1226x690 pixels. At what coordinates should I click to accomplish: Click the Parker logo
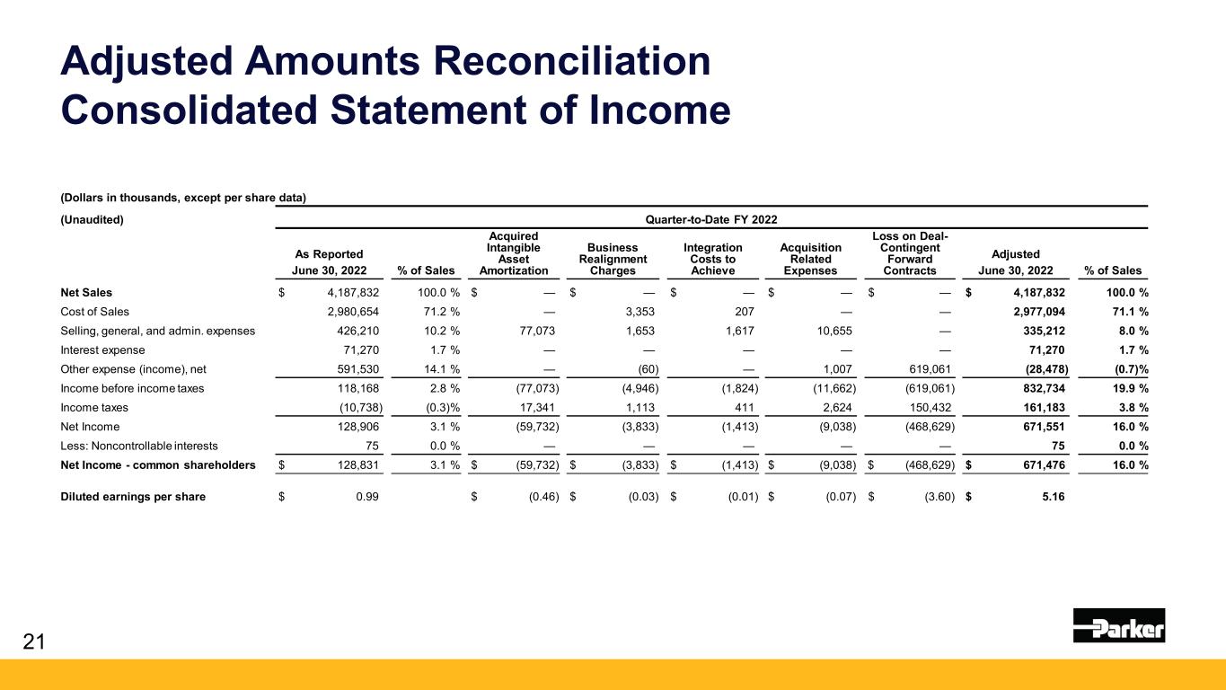pos(1118,624)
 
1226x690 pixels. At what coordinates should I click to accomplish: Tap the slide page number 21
pos(32,641)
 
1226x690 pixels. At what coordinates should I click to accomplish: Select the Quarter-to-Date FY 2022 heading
pos(710,219)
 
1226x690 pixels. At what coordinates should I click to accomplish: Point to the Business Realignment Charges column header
pos(613,259)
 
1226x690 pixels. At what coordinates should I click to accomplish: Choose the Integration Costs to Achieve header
pos(713,259)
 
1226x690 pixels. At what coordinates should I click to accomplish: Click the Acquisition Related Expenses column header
pos(812,259)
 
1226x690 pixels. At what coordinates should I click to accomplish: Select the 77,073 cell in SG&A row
pos(540,331)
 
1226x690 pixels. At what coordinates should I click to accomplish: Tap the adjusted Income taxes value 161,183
pos(1041,408)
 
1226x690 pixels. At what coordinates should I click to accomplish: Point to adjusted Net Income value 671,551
pos(1041,427)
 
